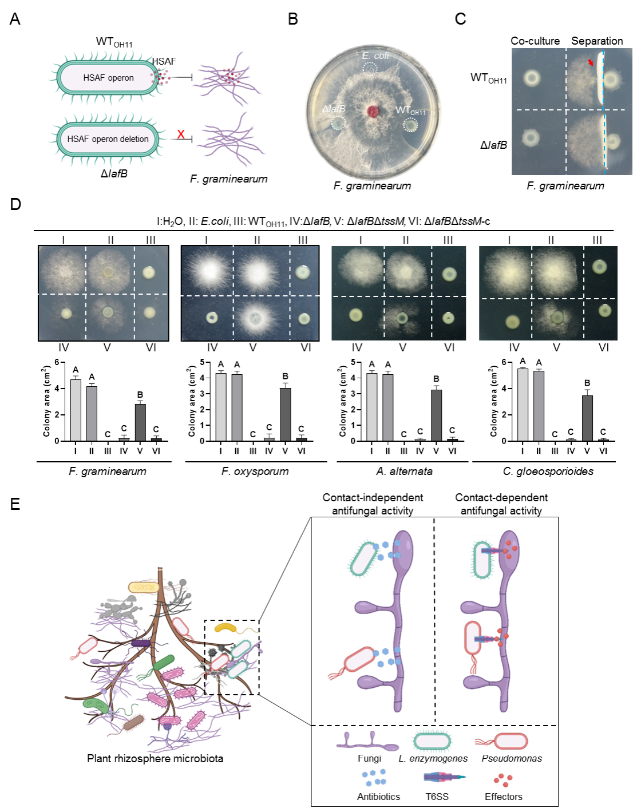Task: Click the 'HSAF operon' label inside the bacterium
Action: tap(108, 78)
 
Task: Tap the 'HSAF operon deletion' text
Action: tap(108, 139)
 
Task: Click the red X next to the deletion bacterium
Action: tap(181, 134)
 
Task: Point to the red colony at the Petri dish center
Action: tap(373, 111)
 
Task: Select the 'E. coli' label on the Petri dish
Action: tap(375, 56)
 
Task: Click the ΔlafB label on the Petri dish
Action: tap(334, 109)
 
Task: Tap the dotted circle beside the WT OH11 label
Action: tap(411, 124)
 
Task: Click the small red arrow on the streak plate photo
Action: tap(591, 62)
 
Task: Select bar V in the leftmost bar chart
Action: tap(140, 422)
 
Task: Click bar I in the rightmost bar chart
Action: tap(523, 405)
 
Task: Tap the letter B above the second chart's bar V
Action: tap(285, 377)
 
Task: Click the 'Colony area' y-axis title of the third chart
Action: tap(342, 401)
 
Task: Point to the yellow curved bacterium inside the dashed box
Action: tap(225, 628)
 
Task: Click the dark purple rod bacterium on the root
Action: tap(141, 643)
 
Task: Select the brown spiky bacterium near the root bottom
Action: tap(134, 722)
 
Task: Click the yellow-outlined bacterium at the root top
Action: tap(144, 587)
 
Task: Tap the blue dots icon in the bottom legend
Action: tap(375, 778)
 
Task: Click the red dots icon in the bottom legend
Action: tap(503, 780)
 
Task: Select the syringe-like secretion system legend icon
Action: tap(445, 778)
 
